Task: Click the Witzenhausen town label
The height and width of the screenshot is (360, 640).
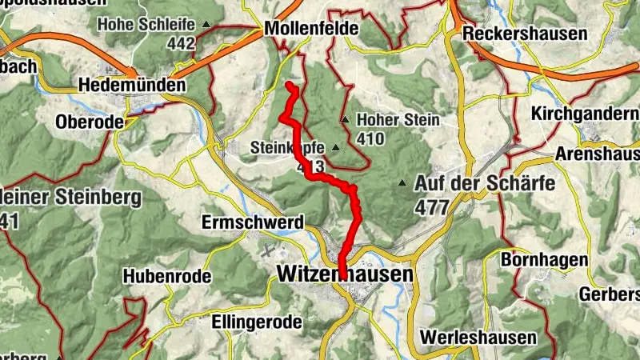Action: (346, 274)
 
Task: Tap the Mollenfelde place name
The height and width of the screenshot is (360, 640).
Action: (311, 30)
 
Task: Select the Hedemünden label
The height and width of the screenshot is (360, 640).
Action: (132, 85)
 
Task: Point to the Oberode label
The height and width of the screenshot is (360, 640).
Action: (90, 122)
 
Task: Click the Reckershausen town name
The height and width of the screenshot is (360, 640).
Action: (525, 34)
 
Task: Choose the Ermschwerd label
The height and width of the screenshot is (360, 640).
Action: (253, 221)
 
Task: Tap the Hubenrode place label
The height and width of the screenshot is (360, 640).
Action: (166, 276)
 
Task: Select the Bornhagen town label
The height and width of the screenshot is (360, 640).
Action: (545, 260)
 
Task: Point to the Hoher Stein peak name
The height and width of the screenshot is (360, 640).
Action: (398, 121)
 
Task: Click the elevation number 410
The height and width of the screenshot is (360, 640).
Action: (371, 138)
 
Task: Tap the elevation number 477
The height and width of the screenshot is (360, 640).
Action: (432, 206)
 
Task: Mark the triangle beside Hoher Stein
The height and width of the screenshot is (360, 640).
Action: (345, 120)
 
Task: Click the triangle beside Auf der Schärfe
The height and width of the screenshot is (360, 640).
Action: (402, 183)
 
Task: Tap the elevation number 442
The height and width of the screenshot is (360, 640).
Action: (182, 43)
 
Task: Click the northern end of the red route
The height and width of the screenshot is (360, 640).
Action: (289, 84)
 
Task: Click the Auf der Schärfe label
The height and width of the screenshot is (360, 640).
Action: (485, 183)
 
